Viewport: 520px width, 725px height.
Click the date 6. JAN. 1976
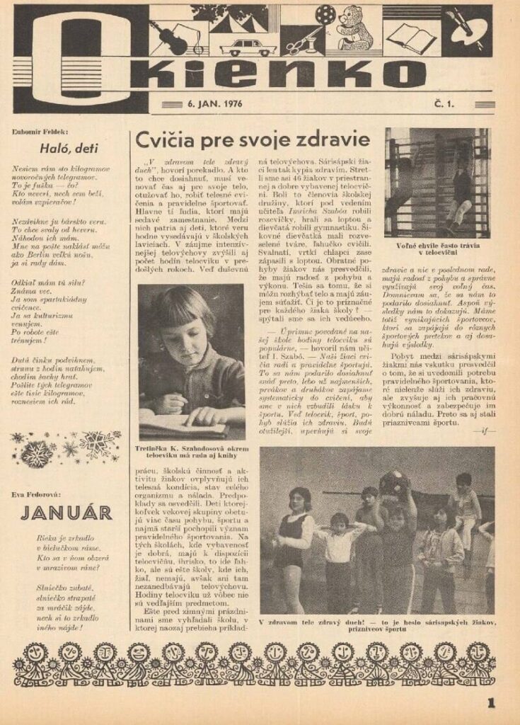coord(214,104)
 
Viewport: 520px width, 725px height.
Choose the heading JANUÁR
coord(67,513)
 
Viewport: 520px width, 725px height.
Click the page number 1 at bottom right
coord(491,703)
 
